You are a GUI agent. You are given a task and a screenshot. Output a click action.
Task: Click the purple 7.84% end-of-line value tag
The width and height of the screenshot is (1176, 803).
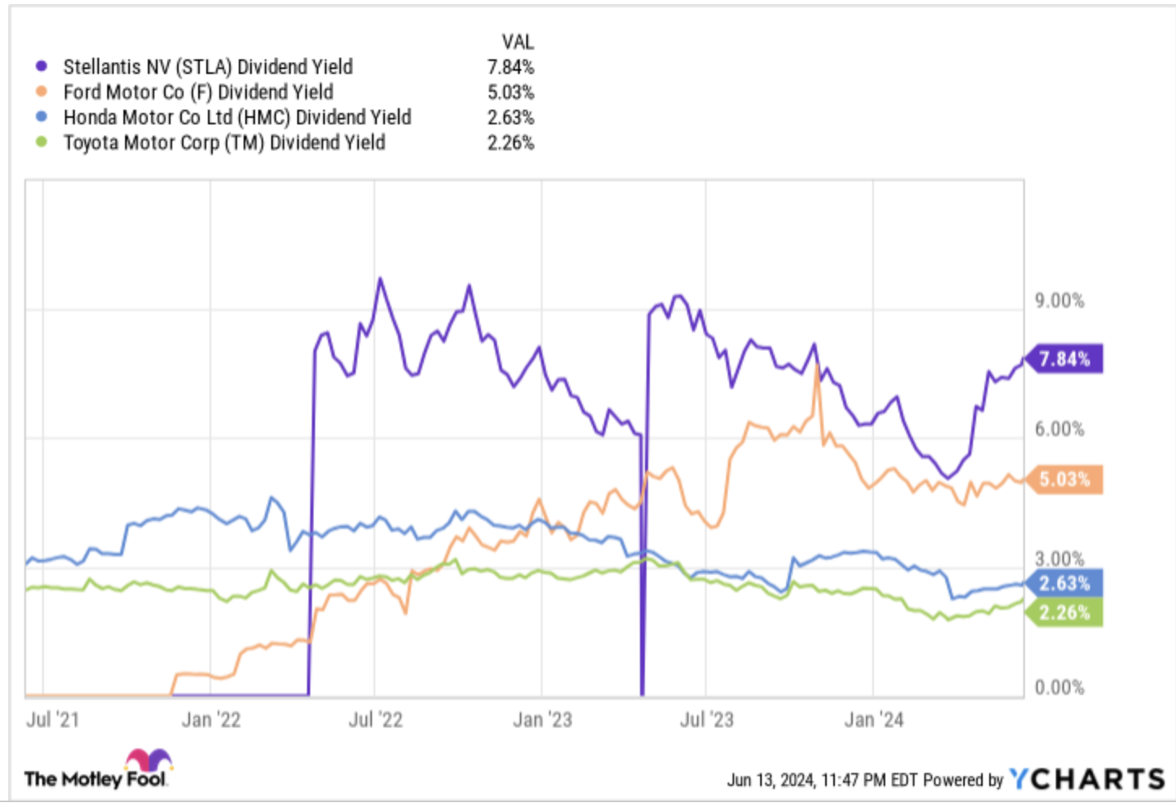coord(1064,358)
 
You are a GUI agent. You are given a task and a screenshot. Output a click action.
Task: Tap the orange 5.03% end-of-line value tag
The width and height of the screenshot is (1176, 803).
coord(1064,480)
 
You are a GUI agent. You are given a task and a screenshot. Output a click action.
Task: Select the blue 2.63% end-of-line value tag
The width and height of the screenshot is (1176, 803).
coord(1064,584)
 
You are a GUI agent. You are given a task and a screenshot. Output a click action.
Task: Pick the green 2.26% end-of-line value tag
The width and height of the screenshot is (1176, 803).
coord(1064,612)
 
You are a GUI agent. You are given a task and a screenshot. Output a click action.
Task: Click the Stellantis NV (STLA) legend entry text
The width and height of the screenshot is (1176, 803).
coord(208,67)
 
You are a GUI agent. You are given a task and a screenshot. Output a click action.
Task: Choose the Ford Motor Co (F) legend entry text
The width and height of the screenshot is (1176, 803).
coord(198,92)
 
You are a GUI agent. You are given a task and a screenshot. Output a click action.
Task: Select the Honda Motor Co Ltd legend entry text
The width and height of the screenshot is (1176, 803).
coord(237,117)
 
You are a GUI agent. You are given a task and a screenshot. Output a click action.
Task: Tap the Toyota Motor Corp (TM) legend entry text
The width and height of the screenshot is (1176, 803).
coord(224,143)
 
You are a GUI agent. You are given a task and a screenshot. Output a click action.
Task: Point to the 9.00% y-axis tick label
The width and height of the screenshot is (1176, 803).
coord(1059,301)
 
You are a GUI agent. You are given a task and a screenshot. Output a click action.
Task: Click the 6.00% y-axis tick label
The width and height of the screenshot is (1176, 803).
coord(1059,429)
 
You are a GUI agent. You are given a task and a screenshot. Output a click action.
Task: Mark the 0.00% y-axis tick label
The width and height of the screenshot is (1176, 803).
coord(1059,688)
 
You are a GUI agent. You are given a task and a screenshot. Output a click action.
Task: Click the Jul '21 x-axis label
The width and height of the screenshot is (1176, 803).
coord(53,719)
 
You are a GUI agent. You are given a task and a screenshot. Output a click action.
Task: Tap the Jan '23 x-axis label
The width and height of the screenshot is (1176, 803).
coord(543,719)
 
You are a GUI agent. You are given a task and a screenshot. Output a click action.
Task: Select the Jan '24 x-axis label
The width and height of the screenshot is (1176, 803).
coord(874,719)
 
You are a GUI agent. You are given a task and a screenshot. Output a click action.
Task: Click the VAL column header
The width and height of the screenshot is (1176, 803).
coord(517,41)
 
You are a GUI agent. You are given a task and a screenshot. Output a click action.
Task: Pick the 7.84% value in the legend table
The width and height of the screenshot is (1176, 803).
coord(511,67)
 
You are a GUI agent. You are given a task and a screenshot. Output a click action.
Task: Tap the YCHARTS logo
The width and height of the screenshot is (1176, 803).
coord(1087,779)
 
